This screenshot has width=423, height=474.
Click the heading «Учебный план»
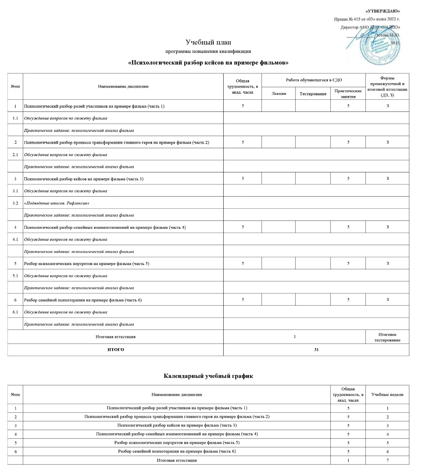208,42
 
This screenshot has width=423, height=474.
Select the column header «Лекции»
279,94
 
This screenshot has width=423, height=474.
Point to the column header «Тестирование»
313,94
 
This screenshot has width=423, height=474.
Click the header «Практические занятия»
348,94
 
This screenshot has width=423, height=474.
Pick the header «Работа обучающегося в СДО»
313,80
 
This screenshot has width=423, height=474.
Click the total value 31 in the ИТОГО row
316,350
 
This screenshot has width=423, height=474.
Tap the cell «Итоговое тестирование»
387,337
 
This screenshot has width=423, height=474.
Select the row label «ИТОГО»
116,350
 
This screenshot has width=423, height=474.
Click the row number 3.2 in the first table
15,203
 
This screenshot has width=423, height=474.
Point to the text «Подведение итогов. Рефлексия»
57,203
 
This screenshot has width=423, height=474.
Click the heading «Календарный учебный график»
208,376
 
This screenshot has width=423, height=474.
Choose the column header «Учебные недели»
387,395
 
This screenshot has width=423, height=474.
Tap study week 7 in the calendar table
387,460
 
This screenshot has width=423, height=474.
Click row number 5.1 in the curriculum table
15,276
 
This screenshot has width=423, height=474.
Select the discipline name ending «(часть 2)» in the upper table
116,143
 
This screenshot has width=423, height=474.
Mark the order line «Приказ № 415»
366,19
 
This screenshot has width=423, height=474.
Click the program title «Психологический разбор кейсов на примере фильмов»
208,62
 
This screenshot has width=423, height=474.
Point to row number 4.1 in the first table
15,240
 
